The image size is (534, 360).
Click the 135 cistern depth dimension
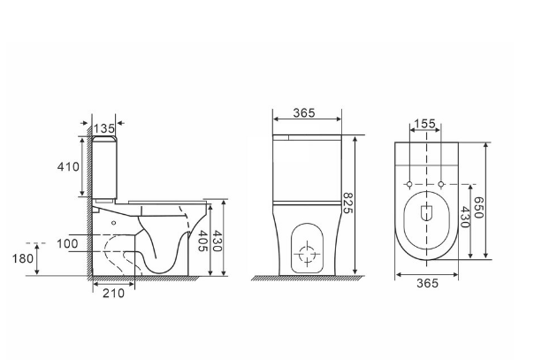point(103,129)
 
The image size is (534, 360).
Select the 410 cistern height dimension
point(68,167)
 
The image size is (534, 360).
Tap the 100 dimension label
point(67,244)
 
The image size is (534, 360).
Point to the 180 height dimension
point(23,259)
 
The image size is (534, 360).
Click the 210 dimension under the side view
point(114,294)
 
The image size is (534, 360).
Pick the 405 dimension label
point(203,241)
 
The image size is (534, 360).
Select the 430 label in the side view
point(217,241)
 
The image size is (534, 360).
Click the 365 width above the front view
point(304,112)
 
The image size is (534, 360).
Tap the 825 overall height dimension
point(347,203)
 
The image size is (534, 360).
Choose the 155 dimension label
point(424,123)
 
